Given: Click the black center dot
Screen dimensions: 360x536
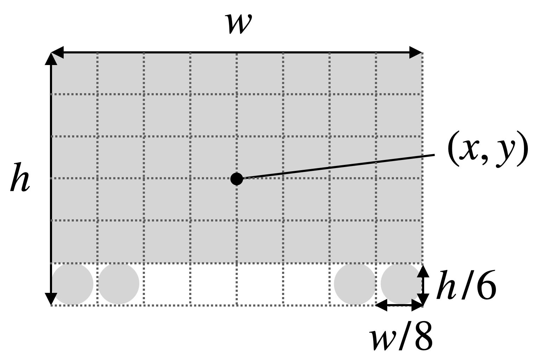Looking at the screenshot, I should (x=237, y=179).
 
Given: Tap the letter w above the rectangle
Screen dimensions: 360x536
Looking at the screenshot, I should (x=240, y=24).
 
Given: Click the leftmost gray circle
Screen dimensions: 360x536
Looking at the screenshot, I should (x=73, y=284).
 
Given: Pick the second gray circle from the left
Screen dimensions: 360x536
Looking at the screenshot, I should (x=119, y=284).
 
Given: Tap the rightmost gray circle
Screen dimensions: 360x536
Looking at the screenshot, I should (x=401, y=284).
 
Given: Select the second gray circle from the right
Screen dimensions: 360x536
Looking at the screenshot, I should (x=355, y=284).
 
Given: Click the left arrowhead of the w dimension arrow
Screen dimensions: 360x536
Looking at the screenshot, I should (x=57, y=53).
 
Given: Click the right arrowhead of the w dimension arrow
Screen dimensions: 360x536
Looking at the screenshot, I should (x=416, y=53).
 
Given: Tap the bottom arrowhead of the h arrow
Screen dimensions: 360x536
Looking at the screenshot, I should (x=51, y=299).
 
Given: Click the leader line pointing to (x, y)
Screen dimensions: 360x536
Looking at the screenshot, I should (x=338, y=167).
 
